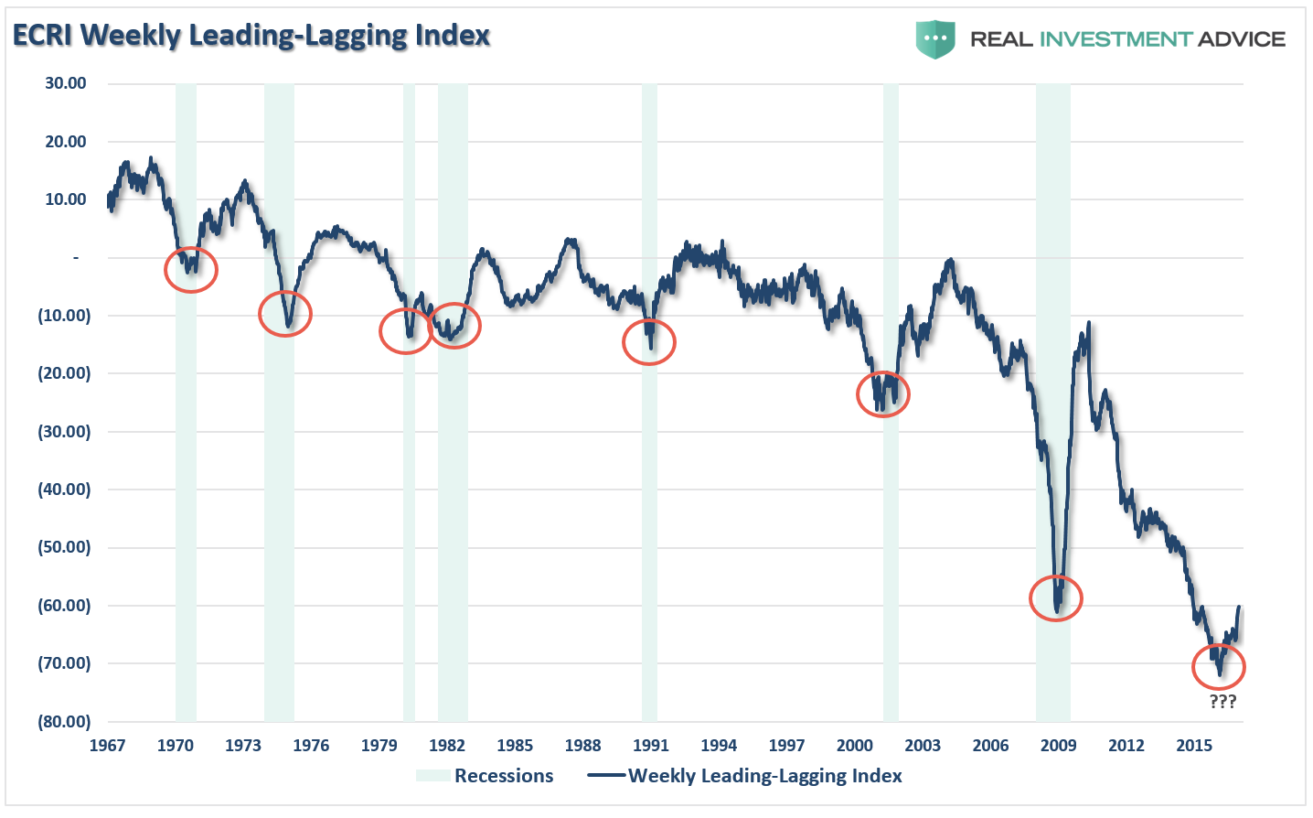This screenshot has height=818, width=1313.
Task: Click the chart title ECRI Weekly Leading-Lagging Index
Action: click(x=251, y=36)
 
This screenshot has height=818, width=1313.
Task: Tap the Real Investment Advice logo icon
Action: click(x=935, y=39)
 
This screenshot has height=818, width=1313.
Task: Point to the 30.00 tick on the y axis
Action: click(x=66, y=83)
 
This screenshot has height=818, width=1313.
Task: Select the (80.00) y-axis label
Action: click(x=64, y=721)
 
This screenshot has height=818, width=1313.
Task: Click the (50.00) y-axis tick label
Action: click(x=64, y=547)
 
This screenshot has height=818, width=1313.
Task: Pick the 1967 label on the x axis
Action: click(x=107, y=745)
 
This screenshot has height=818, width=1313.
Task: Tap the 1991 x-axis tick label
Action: click(x=650, y=745)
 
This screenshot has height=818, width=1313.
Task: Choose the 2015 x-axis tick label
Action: click(x=1194, y=745)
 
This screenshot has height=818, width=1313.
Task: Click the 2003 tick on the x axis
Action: click(x=923, y=745)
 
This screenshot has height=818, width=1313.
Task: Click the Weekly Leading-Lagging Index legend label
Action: click(x=764, y=776)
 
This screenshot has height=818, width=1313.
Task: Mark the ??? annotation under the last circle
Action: click(x=1222, y=702)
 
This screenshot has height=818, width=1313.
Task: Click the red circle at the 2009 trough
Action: click(x=1056, y=598)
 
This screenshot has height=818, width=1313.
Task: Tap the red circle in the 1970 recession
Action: click(x=191, y=270)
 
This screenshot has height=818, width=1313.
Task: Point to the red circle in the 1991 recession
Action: click(x=649, y=342)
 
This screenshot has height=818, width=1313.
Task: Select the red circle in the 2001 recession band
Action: click(x=883, y=394)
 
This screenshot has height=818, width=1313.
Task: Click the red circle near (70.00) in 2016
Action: click(x=1219, y=667)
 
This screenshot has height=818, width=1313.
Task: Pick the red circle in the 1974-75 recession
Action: click(x=285, y=314)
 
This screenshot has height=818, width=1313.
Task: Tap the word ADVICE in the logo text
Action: click(x=1241, y=39)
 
